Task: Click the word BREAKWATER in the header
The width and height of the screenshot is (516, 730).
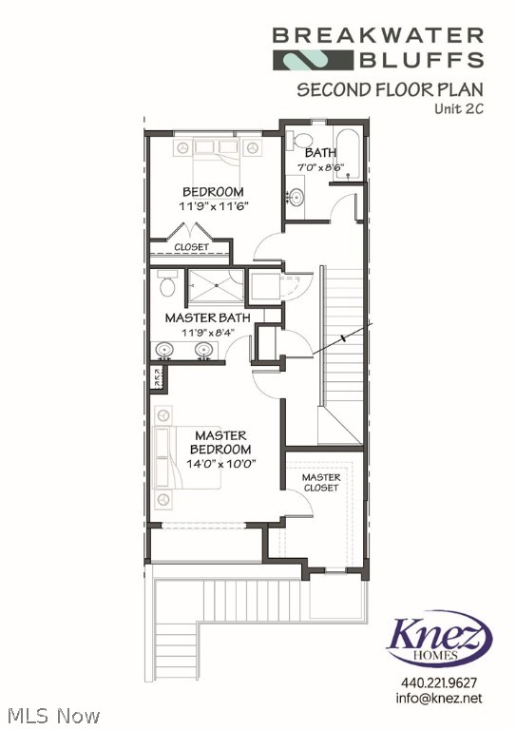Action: (378, 36)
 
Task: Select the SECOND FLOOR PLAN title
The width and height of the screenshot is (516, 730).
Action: (391, 90)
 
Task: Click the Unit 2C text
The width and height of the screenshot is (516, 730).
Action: (459, 108)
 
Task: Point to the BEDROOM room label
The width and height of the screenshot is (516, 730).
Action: (213, 191)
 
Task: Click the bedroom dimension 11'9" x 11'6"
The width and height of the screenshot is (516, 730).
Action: (213, 205)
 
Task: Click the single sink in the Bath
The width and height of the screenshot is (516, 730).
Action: (296, 199)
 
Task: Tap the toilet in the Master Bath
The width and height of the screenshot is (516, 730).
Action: (167, 283)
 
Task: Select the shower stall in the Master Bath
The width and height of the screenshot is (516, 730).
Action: (215, 283)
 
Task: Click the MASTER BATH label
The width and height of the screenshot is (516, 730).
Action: (207, 317)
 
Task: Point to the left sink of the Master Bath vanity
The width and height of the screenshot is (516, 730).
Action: (165, 351)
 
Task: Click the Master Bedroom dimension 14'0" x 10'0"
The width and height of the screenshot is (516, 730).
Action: (220, 464)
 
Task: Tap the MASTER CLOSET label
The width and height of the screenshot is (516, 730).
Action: (321, 482)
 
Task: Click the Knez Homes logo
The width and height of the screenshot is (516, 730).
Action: (438, 639)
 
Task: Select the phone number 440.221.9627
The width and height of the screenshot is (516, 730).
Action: (439, 682)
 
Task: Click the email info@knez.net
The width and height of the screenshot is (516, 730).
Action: (439, 699)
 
